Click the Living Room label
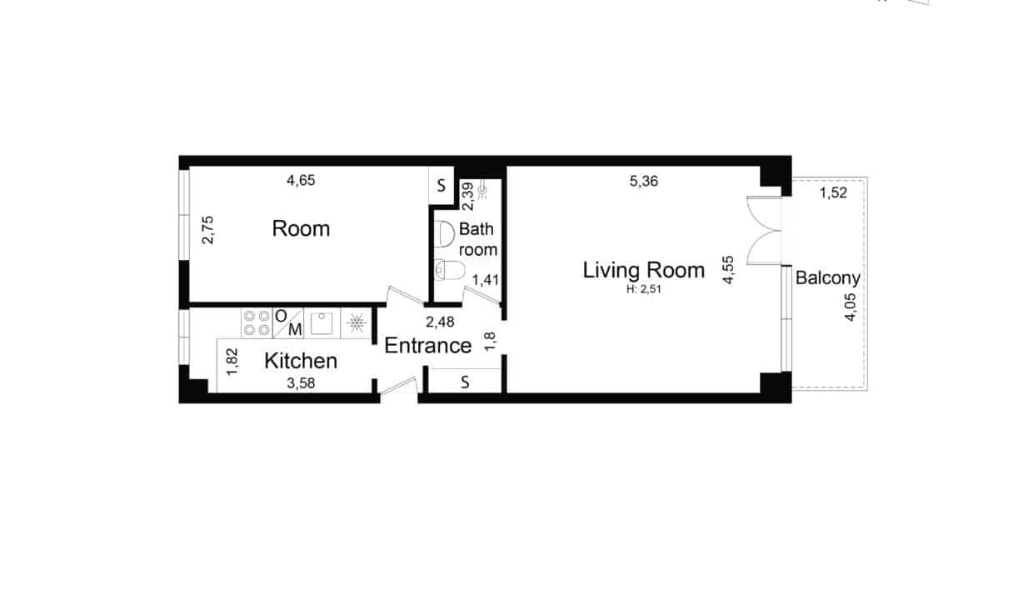point(644,270)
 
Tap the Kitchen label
point(301,361)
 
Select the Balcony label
point(828,278)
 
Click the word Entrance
point(428,346)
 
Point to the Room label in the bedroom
point(301,228)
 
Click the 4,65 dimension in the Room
point(301,180)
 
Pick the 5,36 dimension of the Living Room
point(644,181)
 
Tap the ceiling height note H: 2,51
point(644,290)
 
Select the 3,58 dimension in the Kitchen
point(301,383)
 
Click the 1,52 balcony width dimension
point(833,192)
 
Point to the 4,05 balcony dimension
point(850,307)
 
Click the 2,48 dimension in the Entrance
point(440,322)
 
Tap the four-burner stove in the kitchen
point(257,322)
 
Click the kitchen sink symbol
point(322,322)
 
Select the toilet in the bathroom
point(450,270)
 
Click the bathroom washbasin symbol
point(445,234)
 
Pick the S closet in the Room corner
point(442,185)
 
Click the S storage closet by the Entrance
point(465,382)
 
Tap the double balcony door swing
point(765,231)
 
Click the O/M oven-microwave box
point(288,322)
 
